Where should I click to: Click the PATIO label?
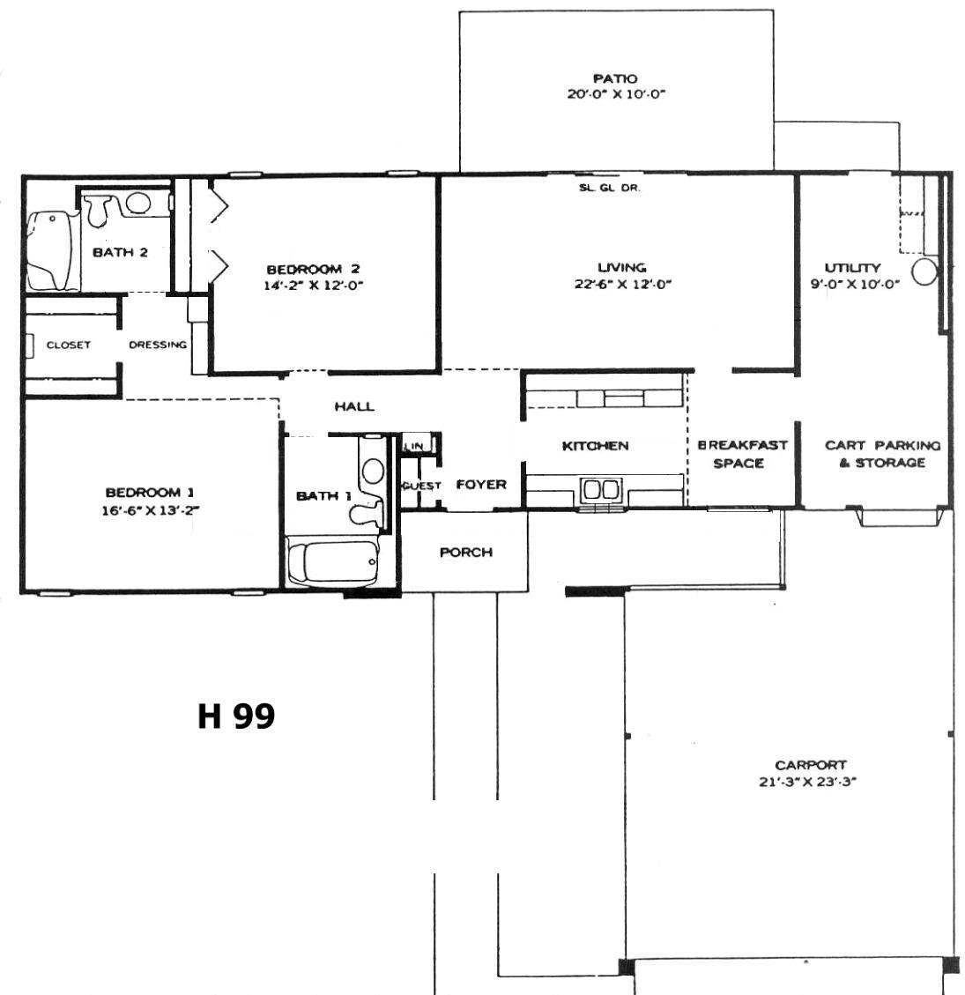click(615, 78)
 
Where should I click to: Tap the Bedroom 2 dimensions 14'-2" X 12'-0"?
click(314, 286)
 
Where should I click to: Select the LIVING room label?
click(622, 267)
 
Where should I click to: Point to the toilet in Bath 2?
click(99, 209)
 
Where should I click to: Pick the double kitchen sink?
click(600, 490)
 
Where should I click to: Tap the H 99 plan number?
click(236, 716)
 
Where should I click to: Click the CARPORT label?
click(810, 765)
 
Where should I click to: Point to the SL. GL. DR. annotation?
click(609, 188)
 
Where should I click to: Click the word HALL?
click(354, 406)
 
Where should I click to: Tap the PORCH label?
click(465, 552)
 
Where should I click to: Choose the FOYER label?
click(481, 484)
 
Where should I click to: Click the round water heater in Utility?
click(924, 271)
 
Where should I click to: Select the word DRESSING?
click(158, 345)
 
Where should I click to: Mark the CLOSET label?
click(69, 345)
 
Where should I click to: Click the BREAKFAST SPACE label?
click(742, 454)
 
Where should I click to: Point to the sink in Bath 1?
click(372, 471)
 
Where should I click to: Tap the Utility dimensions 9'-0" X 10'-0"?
click(854, 285)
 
